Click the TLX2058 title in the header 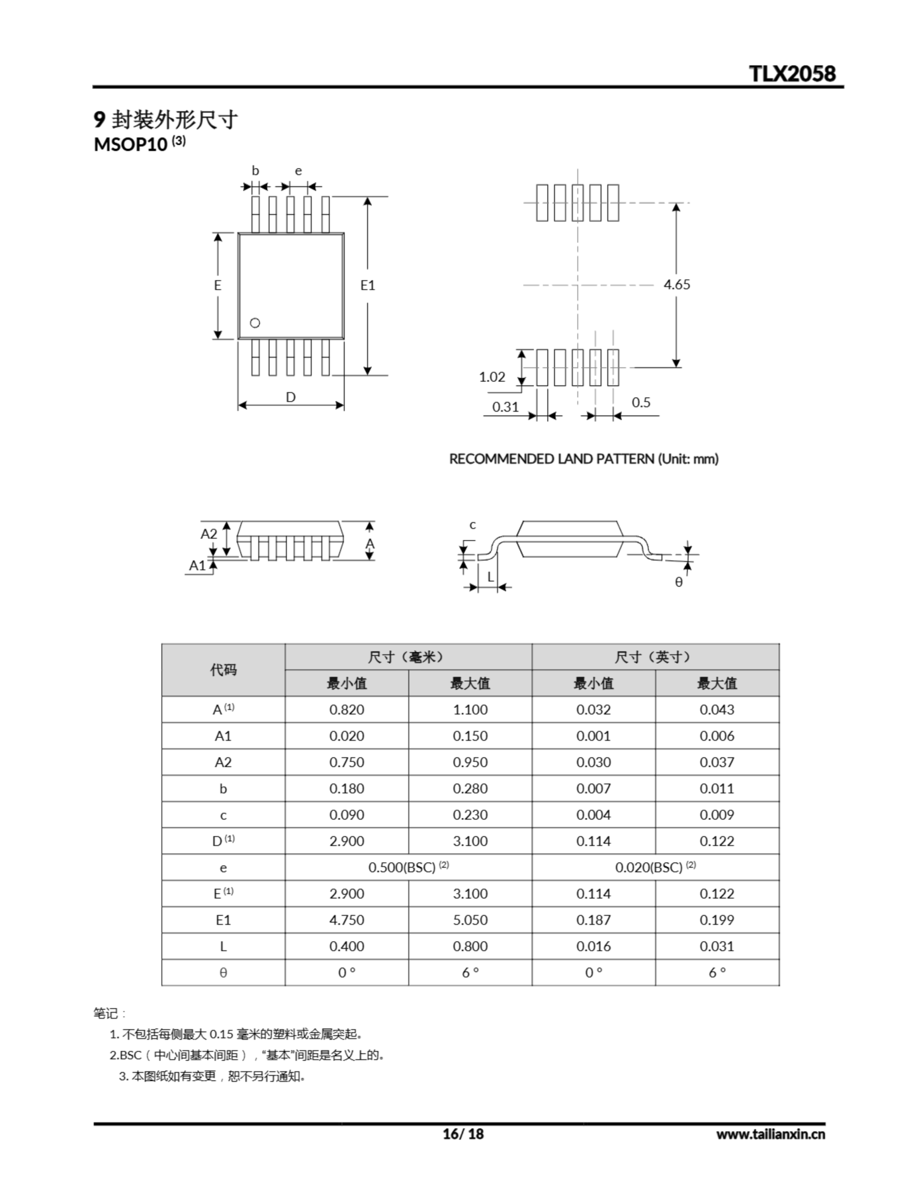[792, 74]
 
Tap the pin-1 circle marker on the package [255, 323]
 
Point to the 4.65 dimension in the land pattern [676, 284]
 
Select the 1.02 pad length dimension [492, 377]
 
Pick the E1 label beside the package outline [368, 285]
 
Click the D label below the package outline [290, 397]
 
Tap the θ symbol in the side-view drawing [679, 582]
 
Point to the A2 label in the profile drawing [209, 534]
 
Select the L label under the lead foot [490, 576]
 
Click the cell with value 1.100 [470, 709]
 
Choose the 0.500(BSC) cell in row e [408, 867]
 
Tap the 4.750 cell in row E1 [347, 920]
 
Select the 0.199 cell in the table [717, 920]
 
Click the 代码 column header [223, 670]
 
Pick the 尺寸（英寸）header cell [656, 657]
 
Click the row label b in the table [223, 789]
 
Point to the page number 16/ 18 [463, 1134]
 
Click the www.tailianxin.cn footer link [770, 1134]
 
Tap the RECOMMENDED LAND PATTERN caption [584, 459]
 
